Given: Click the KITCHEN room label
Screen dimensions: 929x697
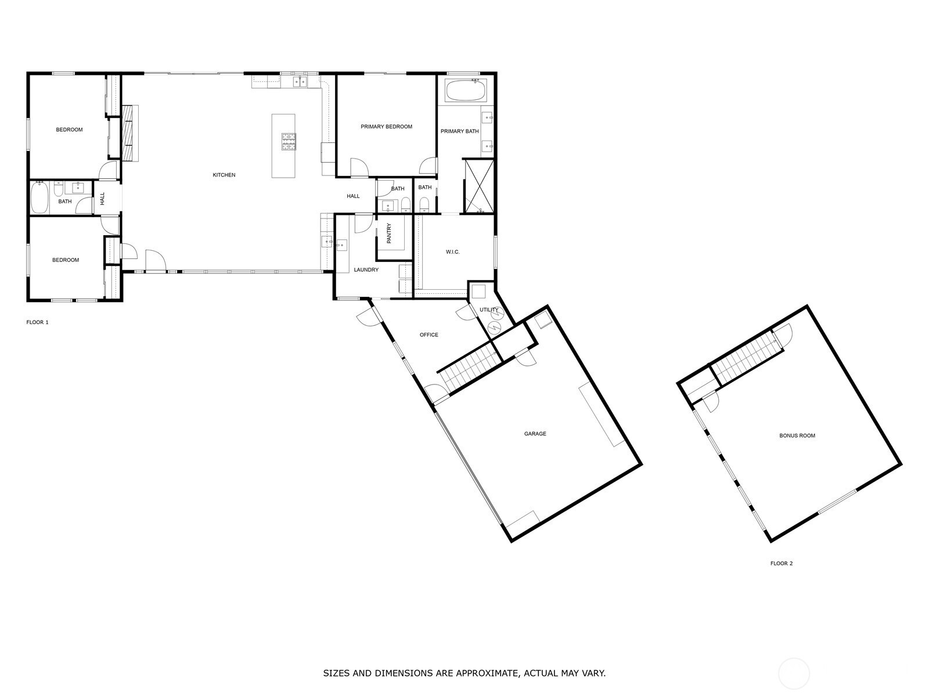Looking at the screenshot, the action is tap(224, 175).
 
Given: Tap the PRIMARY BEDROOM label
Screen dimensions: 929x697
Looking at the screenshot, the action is tap(386, 127).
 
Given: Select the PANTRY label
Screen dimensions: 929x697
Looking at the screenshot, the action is tap(389, 233).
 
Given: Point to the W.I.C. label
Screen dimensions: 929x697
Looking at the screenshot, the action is tap(452, 252).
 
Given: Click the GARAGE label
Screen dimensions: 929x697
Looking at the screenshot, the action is tap(535, 434).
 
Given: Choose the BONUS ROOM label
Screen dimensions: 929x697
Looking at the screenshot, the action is tap(797, 436).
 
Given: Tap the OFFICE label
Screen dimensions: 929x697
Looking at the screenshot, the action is tap(429, 335).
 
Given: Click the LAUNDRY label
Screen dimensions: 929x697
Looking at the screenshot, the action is tap(366, 270).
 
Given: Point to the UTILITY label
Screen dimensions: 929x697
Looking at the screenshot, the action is tap(489, 310).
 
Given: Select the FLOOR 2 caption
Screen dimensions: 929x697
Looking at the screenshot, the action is tap(782, 563).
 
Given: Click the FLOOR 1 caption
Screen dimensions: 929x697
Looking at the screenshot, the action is tap(37, 322).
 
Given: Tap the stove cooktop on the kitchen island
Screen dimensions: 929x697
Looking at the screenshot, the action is tap(289, 141).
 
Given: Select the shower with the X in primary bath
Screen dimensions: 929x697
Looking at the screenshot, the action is tap(479, 186).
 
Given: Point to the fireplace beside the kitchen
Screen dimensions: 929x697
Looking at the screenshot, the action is tap(131, 133).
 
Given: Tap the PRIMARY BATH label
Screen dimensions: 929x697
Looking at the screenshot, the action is tap(459, 131).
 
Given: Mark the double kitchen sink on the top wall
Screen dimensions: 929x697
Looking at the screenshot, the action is tap(300, 81).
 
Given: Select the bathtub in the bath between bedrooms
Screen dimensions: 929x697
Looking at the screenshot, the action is tap(40, 198).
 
